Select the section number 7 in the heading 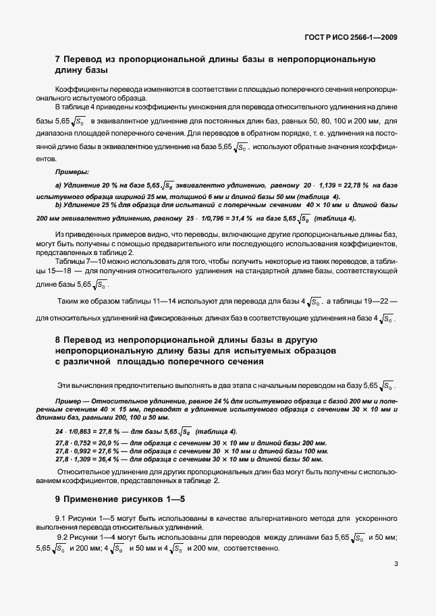57,60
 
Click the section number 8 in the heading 57,339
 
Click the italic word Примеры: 72,173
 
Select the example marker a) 58,185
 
